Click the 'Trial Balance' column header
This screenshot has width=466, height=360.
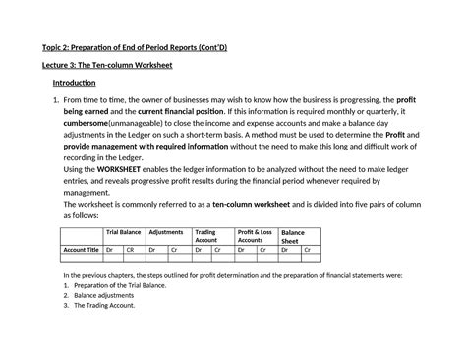[x=124, y=232]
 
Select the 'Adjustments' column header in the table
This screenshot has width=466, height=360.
[x=166, y=232]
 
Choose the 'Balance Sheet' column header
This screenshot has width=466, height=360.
[x=293, y=236]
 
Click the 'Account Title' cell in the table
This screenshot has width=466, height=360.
[x=82, y=251]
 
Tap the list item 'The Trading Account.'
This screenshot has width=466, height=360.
[x=111, y=305]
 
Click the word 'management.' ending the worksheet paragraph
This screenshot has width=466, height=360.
[x=87, y=192]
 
